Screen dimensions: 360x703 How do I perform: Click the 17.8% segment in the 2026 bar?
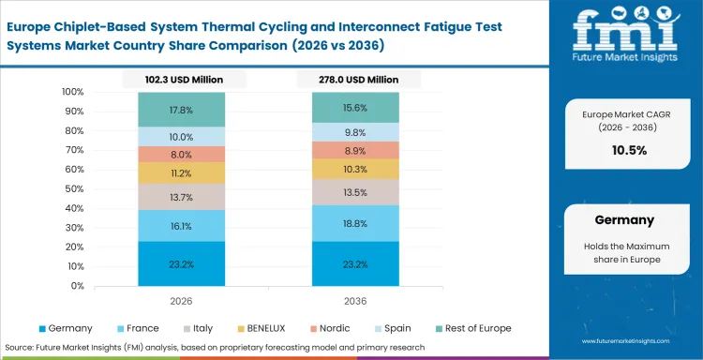pyautogui.click(x=182, y=110)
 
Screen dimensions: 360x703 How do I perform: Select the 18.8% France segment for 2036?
pyautogui.click(x=356, y=224)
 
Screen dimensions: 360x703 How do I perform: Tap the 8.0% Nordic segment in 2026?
pyautogui.click(x=182, y=155)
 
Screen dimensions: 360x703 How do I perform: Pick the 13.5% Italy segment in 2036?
pyautogui.click(x=356, y=193)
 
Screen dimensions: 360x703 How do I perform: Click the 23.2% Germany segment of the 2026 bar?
pyautogui.click(x=182, y=265)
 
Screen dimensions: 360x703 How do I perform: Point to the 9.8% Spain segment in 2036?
pyautogui.click(x=356, y=132)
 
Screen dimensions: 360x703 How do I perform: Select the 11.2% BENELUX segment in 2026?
pyautogui.click(x=182, y=173)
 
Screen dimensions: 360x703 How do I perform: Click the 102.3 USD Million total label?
pyautogui.click(x=182, y=81)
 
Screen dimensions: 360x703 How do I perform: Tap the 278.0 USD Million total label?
pyautogui.click(x=356, y=81)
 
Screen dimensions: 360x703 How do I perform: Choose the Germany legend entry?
pyautogui.click(x=66, y=328)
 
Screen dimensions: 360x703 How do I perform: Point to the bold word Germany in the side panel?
pyautogui.click(x=624, y=219)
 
